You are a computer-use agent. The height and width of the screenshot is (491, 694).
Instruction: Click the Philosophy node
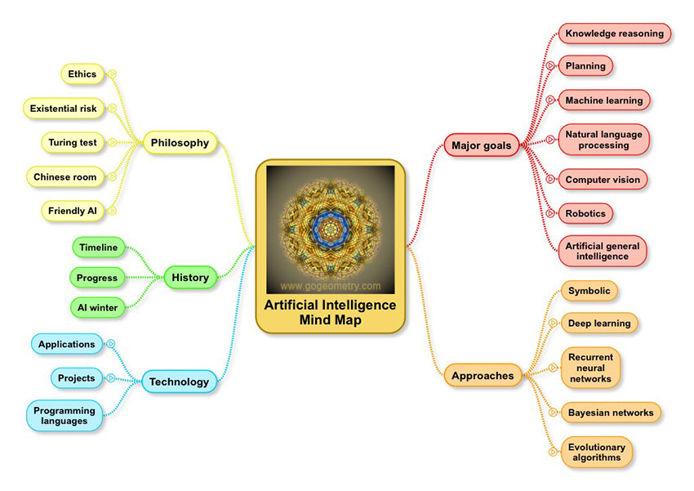tap(180, 143)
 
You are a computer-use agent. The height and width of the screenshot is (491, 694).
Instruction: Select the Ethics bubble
tap(82, 74)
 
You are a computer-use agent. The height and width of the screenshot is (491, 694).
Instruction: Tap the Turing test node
tap(73, 143)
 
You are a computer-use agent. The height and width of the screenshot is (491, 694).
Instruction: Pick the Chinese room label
tap(65, 177)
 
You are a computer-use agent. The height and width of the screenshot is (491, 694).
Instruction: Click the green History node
tap(190, 278)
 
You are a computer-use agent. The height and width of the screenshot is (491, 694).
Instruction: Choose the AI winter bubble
tap(98, 308)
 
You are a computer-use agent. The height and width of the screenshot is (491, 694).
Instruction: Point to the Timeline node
tap(99, 248)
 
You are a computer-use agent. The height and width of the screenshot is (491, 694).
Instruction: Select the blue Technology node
tap(180, 382)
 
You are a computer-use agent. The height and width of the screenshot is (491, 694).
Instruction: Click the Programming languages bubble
tap(65, 416)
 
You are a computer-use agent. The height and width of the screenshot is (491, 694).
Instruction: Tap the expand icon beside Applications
tap(111, 344)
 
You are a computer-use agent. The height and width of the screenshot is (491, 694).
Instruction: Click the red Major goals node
tap(482, 145)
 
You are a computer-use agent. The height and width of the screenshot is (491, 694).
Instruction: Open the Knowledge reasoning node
tap(615, 33)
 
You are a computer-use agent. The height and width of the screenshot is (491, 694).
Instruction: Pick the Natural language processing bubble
tap(603, 140)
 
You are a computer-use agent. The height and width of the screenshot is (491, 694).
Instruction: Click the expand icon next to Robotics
tap(550, 213)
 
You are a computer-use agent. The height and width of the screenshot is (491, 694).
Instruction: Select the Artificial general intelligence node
tap(603, 251)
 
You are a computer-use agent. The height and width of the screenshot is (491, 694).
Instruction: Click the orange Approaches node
tap(483, 376)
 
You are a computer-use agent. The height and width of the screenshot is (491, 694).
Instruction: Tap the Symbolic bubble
tap(589, 291)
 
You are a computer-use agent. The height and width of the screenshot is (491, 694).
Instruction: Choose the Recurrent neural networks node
tap(591, 368)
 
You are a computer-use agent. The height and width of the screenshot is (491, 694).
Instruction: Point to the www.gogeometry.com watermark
tap(330, 286)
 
